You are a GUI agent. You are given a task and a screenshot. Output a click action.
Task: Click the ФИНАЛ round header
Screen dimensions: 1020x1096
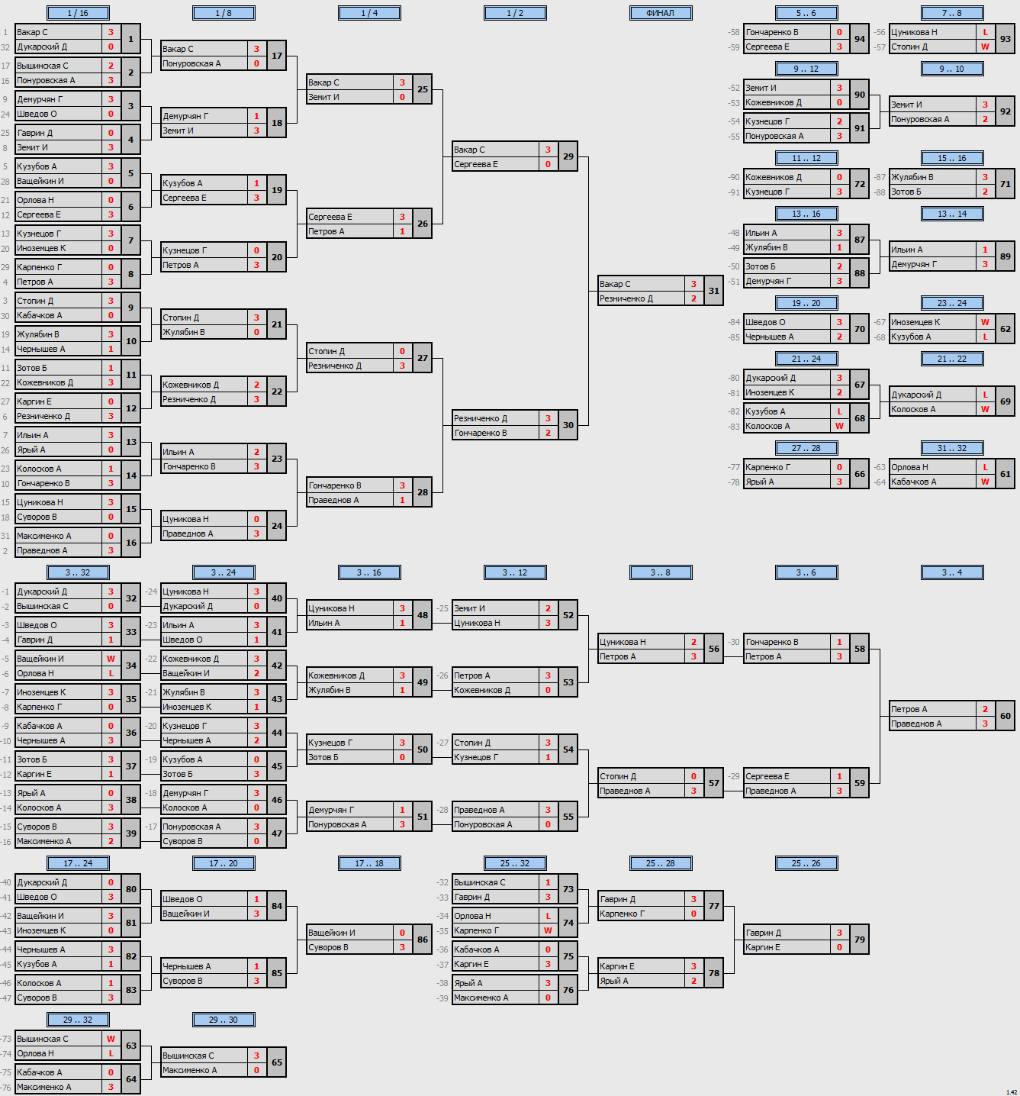coord(661,13)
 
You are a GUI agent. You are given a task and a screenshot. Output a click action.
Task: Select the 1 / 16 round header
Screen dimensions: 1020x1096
coord(78,13)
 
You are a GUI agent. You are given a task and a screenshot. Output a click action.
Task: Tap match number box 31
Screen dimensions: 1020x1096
coord(714,291)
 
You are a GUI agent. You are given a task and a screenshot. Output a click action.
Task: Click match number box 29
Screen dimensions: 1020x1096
coord(568,156)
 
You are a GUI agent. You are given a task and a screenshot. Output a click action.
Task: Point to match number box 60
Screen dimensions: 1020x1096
coord(1005,716)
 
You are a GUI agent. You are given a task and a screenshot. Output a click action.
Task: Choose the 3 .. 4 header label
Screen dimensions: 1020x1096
coord(951,573)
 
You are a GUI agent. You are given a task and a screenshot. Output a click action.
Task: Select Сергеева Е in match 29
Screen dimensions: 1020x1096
coord(475,164)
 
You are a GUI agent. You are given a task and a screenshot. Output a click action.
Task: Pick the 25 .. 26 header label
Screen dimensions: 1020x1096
coord(806,863)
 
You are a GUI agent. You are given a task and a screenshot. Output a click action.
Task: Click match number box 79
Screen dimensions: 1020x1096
coord(860,940)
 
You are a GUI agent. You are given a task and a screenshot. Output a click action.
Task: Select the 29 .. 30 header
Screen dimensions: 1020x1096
coord(224,1019)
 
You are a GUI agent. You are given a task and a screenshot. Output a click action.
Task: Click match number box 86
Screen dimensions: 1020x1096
coord(423,940)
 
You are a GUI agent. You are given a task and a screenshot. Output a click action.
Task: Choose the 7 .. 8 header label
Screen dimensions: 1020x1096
coord(951,13)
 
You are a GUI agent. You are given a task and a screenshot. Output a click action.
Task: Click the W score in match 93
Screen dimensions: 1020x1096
coord(985,47)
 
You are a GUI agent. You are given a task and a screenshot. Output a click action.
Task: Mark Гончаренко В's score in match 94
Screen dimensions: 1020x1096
coord(839,33)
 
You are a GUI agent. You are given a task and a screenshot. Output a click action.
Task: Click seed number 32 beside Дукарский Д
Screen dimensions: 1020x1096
coord(5,47)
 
